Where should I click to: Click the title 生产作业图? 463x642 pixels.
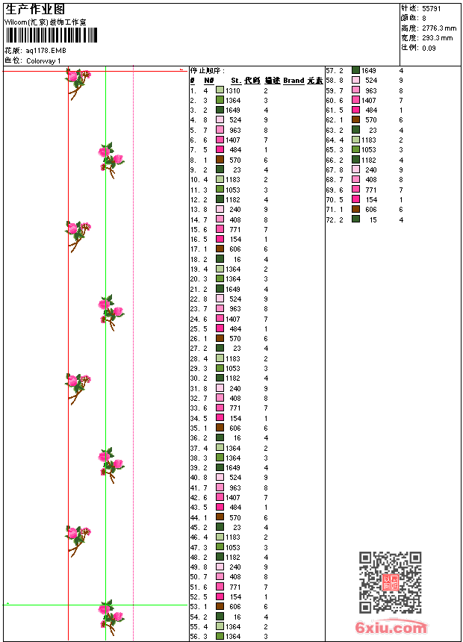pos(35,9)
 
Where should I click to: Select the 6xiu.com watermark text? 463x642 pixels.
pos(391,629)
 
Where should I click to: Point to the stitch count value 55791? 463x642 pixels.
pos(432,8)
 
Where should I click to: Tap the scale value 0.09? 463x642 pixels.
pos(429,47)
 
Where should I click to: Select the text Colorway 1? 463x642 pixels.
pos(44,60)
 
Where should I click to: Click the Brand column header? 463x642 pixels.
pos(293,80)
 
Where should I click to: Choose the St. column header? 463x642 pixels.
pos(236,80)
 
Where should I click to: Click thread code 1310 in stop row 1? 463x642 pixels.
pos(233,90)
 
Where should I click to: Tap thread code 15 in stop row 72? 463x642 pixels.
pos(372,219)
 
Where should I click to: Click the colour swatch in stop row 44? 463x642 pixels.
pos(220,517)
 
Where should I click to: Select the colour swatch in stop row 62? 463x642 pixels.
pos(356,119)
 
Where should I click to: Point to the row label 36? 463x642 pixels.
pos(193,438)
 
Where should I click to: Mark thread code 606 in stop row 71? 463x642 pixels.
pos(370,210)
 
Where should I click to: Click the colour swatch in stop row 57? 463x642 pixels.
pos(356,70)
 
